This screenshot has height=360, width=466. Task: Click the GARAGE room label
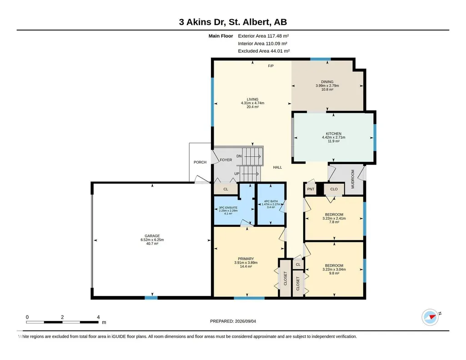coord(152,236)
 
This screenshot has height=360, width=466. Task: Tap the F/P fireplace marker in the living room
coord(271,66)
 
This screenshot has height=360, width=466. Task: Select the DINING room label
coord(327,82)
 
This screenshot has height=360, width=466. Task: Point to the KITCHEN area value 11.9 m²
coord(333,141)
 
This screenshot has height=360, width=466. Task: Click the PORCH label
coord(200,162)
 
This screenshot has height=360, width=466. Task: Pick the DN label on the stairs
coord(239,156)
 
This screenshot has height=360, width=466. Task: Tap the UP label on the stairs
coord(237,174)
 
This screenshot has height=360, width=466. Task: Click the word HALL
coord(278,167)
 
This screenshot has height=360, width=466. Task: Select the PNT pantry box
coord(311,189)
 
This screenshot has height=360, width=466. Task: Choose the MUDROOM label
coord(353,179)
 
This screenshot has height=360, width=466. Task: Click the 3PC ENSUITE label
coord(228,208)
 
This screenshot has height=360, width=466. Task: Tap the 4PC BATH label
coord(271,201)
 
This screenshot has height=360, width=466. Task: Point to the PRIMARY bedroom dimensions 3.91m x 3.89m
coord(246,263)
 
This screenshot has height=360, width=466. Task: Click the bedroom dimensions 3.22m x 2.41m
coord(334,218)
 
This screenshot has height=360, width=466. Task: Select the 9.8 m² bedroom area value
coord(334,273)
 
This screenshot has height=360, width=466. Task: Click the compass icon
coord(431,317)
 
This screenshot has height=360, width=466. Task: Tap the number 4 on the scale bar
coord(98,317)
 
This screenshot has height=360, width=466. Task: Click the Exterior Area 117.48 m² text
coord(263,36)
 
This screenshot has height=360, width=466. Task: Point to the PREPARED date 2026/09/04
coord(246,321)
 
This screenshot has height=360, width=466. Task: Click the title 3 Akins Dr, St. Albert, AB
coord(233,22)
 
